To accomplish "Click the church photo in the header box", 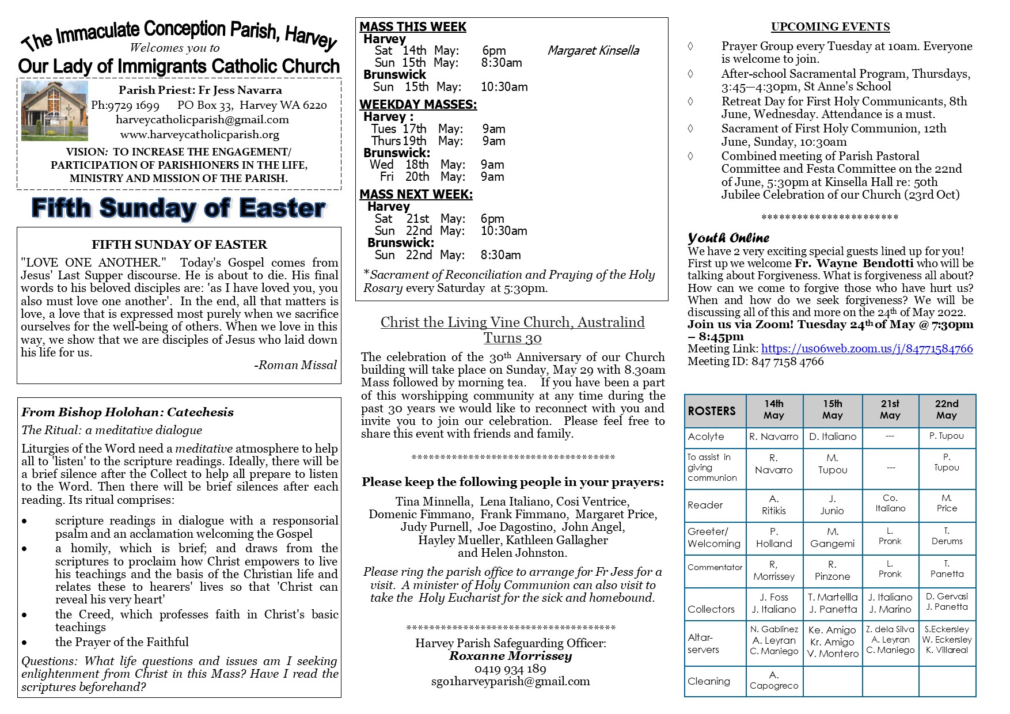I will [55, 111].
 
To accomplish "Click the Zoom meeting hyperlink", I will [867, 349].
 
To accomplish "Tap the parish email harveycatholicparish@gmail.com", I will [202, 120].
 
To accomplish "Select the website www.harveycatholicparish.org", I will [200, 135].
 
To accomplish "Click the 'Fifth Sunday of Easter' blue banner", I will [179, 208].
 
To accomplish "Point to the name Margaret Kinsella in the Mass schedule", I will [593, 51].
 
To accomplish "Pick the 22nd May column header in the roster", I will [947, 409].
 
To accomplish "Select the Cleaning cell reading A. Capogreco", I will [774, 680].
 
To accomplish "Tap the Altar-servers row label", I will [703, 643].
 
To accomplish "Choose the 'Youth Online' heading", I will [728, 238].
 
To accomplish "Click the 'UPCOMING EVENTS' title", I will [830, 27].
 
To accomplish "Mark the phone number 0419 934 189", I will [510, 669].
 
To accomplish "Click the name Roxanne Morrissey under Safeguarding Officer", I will [510, 656].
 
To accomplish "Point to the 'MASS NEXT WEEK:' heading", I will [416, 195].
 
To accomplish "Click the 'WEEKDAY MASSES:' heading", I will [418, 105].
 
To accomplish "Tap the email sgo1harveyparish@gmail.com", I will [510, 682].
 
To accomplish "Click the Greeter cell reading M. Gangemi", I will [833, 538].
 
